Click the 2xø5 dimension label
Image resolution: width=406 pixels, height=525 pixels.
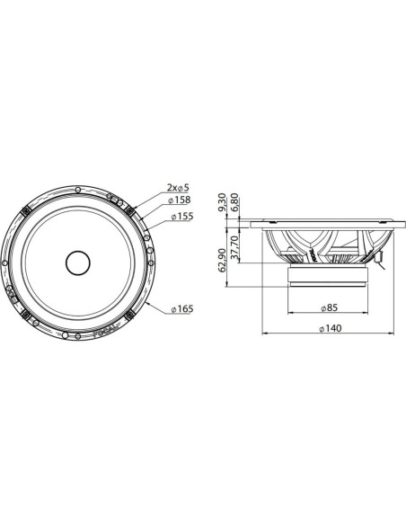177,187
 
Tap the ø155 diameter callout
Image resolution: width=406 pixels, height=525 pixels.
183,217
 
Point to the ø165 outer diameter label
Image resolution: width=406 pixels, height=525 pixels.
181,309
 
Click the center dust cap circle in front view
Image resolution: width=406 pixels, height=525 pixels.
77,262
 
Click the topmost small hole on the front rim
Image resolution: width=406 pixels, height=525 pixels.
77,185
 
